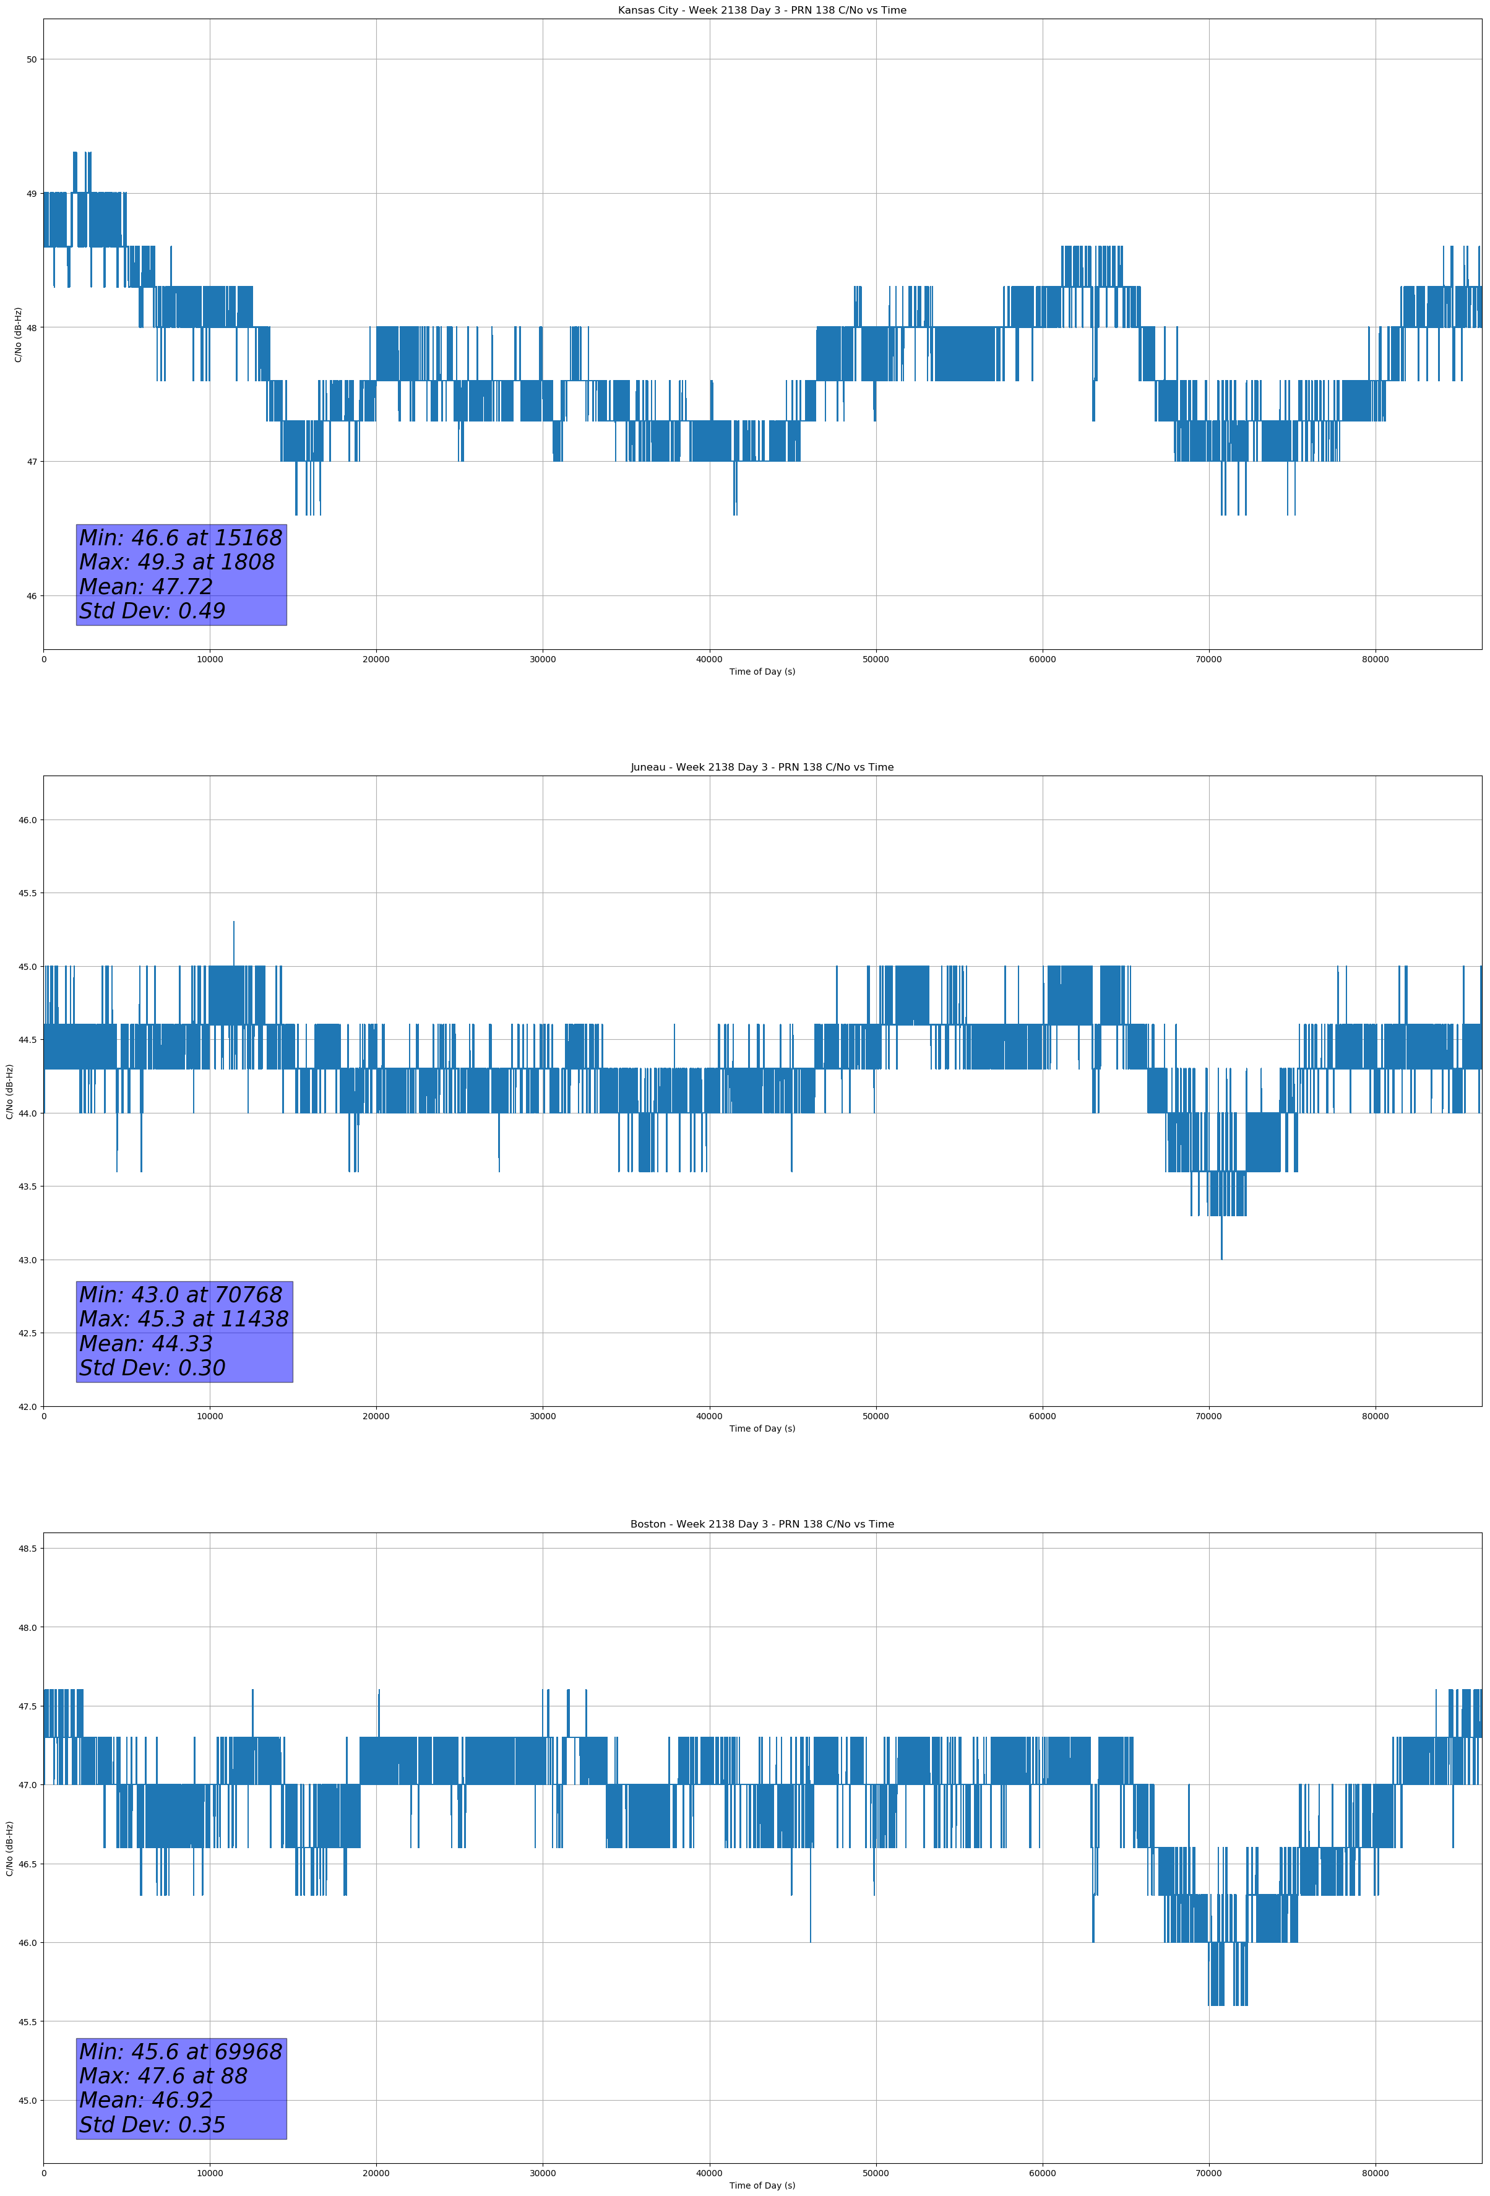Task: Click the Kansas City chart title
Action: pyautogui.click(x=762, y=11)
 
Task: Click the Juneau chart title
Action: pyautogui.click(x=762, y=767)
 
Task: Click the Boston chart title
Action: pyautogui.click(x=762, y=1524)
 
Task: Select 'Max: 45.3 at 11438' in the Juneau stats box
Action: pyautogui.click(x=183, y=1319)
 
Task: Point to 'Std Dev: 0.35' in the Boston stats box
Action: pyautogui.click(x=152, y=2125)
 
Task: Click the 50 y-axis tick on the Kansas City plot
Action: pyautogui.click(x=31, y=59)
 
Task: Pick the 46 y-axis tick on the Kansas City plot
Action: pyautogui.click(x=31, y=596)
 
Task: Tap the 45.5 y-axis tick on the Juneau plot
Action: pyautogui.click(x=27, y=893)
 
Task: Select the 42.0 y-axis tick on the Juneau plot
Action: pyautogui.click(x=27, y=1407)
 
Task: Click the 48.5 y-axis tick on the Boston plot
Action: pyautogui.click(x=27, y=1548)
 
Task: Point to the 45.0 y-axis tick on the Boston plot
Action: pyautogui.click(x=27, y=2101)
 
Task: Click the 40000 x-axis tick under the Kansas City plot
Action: pyautogui.click(x=708, y=660)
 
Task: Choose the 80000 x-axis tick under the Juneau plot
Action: pyautogui.click(x=1375, y=1416)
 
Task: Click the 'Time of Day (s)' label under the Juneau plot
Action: pyautogui.click(x=762, y=1429)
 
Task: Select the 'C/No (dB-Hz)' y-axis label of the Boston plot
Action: pyautogui.click(x=9, y=1848)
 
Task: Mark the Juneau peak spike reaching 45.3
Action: pyautogui.click(x=233, y=923)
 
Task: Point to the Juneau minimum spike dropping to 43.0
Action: pyautogui.click(x=1221, y=1256)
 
